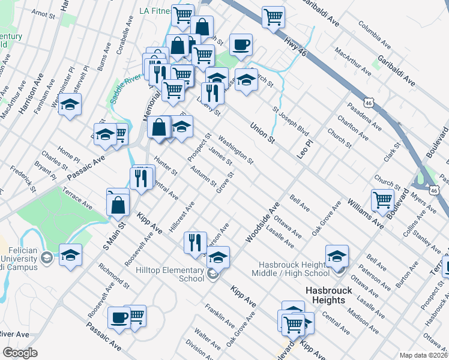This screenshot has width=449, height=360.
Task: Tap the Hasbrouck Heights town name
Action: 325,295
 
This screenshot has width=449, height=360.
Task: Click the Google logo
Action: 20,353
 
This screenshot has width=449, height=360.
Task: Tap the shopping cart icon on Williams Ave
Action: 382,199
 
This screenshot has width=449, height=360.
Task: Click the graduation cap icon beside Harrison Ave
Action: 70,104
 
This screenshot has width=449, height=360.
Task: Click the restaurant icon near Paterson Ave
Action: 194,242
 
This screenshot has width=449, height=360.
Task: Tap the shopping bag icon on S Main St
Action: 118,204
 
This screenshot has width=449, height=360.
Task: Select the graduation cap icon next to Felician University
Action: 70,254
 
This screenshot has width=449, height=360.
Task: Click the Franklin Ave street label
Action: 220,314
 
